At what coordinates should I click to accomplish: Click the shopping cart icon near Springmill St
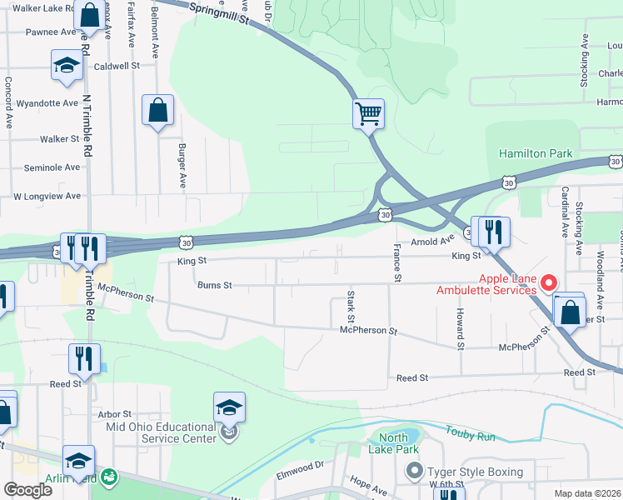(x=368, y=112)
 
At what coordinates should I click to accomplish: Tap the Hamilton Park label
(x=536, y=153)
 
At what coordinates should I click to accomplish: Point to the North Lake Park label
(x=394, y=443)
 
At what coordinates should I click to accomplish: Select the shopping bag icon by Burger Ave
(x=157, y=110)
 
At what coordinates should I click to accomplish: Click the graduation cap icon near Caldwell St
(x=67, y=66)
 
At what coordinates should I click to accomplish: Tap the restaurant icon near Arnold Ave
(x=494, y=231)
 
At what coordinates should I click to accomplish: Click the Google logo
(x=28, y=490)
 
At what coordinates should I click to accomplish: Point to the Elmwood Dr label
(x=299, y=476)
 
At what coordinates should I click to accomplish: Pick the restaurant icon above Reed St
(x=84, y=358)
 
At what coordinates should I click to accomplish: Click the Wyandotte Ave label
(x=47, y=103)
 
